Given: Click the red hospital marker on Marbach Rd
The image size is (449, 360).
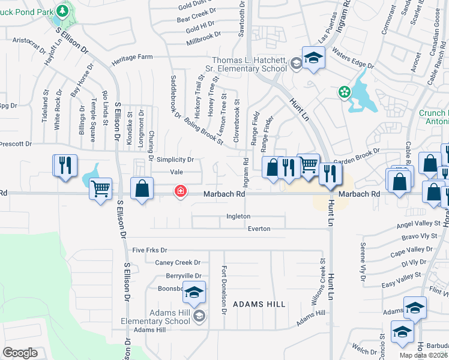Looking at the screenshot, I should point(179,192).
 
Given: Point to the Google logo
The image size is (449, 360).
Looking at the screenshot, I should point(20,353).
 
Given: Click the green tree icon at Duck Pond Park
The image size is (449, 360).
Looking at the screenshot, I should point(62,11).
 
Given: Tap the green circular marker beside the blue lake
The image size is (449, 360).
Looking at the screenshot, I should point(345,92).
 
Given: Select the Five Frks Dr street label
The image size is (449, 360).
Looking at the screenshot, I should point(149,250).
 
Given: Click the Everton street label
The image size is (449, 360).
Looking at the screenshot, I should point(259,229).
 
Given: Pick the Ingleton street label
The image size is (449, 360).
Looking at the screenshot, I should point(238,216).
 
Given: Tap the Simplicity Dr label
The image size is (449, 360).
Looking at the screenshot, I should point(175,160).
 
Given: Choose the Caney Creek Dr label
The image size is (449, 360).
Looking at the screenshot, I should point(178,263).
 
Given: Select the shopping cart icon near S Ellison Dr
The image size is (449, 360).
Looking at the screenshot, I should point(100,190).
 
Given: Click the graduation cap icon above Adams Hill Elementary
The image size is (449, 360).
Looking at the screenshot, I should point(194,292).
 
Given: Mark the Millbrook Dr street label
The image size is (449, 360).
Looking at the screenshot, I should point(203,37).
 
